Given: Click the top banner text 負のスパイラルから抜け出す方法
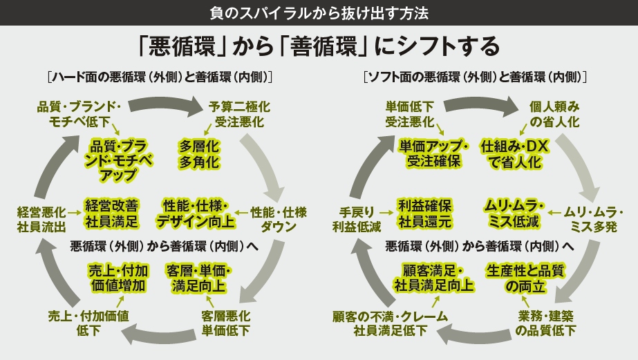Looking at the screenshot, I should pyautogui.click(x=319, y=12).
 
